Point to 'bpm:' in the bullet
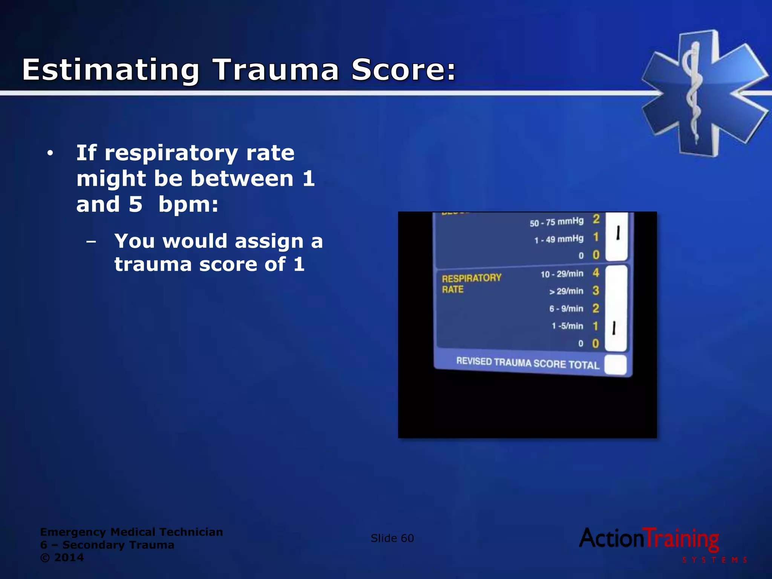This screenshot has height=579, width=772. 188,205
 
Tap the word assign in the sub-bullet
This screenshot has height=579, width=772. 269,241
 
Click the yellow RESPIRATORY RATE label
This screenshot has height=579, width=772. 471,283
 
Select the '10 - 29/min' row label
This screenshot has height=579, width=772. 562,274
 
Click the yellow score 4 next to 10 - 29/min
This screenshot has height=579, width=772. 596,273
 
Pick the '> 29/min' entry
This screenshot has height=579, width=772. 566,291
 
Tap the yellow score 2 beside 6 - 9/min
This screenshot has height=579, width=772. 596,308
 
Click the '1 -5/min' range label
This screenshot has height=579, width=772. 567,326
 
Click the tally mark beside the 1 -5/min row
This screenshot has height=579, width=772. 614,328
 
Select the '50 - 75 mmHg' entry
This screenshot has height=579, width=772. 556,222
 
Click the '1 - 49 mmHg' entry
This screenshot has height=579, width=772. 559,239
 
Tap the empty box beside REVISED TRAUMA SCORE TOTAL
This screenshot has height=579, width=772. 616,365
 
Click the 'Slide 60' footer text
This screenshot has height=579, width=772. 392,538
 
